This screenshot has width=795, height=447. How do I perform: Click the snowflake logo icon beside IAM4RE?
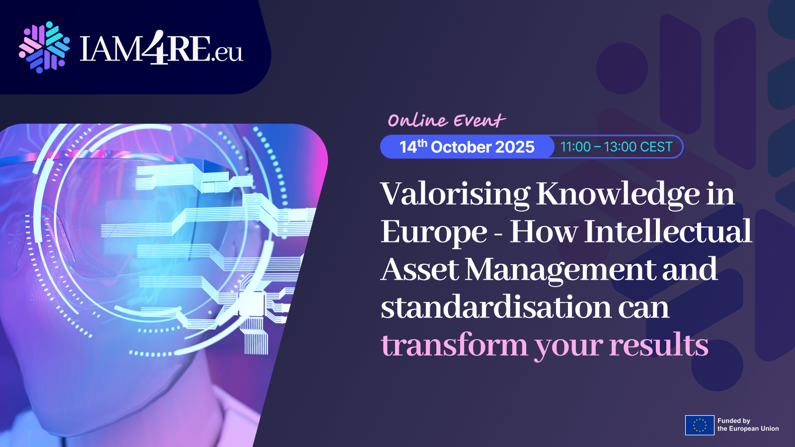(44, 47)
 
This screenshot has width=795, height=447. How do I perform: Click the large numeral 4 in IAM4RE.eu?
(158, 48)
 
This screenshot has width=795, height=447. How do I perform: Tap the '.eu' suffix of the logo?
(228, 52)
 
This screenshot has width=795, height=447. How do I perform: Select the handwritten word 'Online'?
(417, 120)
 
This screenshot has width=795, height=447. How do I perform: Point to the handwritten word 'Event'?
(479, 120)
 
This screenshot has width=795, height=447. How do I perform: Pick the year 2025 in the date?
(515, 147)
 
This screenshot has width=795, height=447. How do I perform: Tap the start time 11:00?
(575, 147)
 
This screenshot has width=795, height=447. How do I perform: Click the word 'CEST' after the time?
(656, 147)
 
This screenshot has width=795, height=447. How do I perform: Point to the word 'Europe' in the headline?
(434, 232)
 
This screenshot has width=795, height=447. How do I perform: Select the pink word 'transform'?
(454, 345)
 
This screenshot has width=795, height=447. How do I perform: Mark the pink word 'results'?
(658, 345)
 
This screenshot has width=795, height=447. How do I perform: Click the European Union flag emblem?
(700, 425)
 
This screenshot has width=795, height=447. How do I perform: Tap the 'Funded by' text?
(733, 421)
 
